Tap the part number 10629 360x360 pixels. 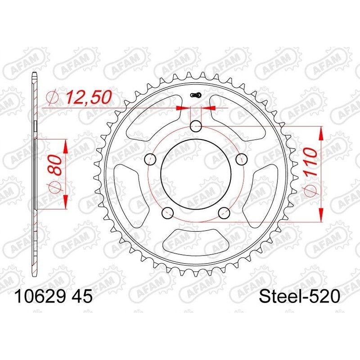(40, 297)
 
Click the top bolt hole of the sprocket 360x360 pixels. (196, 127)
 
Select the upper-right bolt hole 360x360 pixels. (242, 159)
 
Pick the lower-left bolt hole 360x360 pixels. (167, 213)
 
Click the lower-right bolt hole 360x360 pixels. (224, 213)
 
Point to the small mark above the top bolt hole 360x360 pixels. (196, 94)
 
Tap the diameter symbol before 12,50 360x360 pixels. (53, 97)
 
